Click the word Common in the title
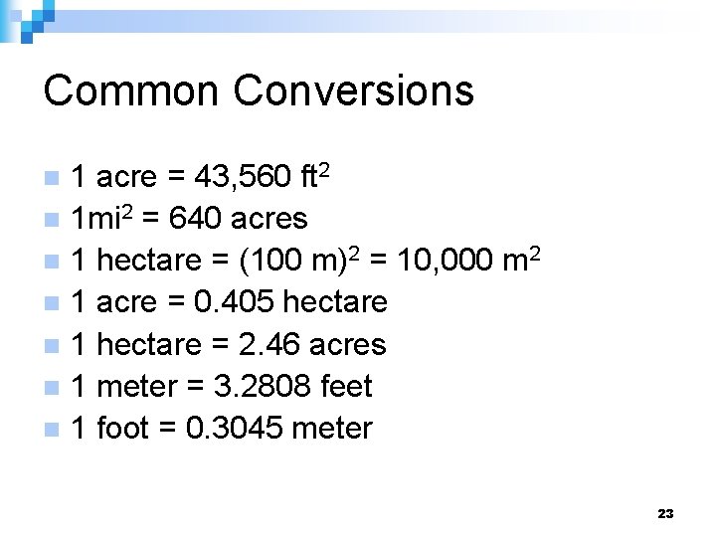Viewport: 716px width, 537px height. (130, 90)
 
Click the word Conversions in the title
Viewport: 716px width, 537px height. (353, 90)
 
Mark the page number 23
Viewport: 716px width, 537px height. (665, 513)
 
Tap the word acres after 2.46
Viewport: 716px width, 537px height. (347, 344)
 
